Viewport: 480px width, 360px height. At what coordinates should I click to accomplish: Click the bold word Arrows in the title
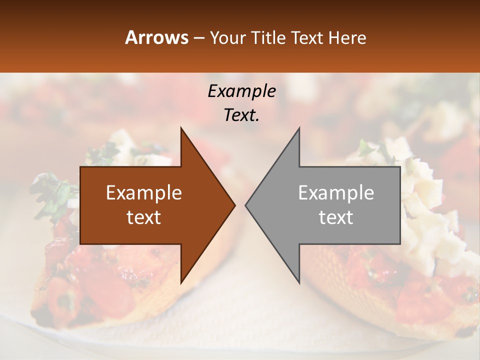click(x=156, y=38)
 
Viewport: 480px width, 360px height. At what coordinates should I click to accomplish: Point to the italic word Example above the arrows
click(x=241, y=91)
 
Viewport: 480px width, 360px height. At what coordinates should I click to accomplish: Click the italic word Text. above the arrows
click(x=241, y=115)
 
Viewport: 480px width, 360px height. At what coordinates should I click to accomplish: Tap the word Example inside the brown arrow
click(x=144, y=193)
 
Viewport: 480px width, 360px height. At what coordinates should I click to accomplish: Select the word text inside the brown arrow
click(x=144, y=217)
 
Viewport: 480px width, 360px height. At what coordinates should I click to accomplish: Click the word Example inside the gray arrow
click(x=336, y=193)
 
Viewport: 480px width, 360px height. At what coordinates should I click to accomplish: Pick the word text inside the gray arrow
click(x=336, y=217)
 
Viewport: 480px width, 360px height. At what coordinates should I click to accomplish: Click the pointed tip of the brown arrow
click(x=235, y=205)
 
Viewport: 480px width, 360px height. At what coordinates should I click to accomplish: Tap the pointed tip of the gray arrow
click(x=245, y=205)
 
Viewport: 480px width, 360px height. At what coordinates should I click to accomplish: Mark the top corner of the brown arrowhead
click(x=181, y=128)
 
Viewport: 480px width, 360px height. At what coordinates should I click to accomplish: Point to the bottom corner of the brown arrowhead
click(x=181, y=283)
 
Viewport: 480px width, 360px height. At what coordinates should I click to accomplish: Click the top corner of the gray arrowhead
click(x=299, y=128)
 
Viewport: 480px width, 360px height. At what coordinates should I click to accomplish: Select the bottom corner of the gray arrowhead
click(x=299, y=283)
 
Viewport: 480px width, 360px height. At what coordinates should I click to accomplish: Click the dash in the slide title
click(x=198, y=38)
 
